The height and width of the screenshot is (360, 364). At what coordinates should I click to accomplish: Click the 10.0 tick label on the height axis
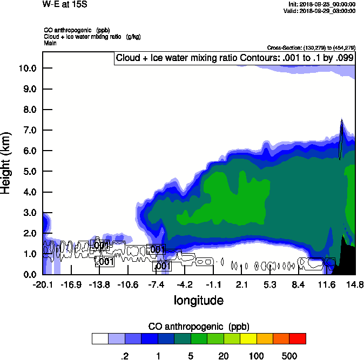pos(27,69)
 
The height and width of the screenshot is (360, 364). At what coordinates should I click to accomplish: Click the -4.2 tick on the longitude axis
pos(185,284)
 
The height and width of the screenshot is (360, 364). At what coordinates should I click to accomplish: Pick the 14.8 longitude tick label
pos(355,284)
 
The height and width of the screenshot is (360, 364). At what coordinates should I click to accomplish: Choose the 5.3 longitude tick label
pos(270,284)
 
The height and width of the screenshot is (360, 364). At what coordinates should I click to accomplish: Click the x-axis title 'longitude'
pos(198,300)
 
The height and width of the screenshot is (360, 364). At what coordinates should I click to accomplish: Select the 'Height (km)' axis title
pos(7,162)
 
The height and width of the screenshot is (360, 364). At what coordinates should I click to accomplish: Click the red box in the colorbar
pos(298,338)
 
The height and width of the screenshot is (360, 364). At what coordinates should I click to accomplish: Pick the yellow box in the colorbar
pos(248,338)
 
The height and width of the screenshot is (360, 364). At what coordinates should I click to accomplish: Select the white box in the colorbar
pos(100,338)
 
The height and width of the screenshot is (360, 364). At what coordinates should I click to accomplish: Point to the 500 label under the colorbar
pos(289,356)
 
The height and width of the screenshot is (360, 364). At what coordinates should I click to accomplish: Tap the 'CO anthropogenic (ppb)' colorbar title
pos(198,327)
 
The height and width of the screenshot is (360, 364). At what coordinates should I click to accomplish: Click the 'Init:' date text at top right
pos(322,4)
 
